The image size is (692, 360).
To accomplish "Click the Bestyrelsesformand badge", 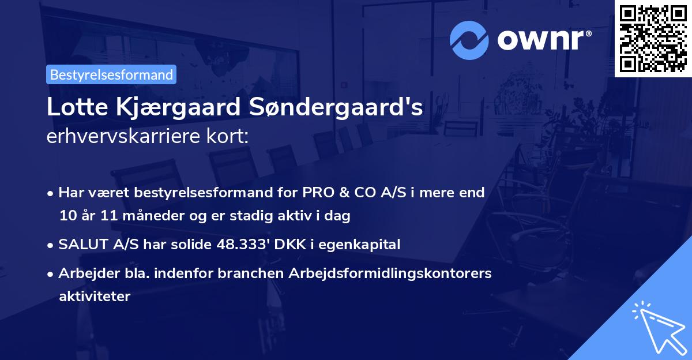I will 111,74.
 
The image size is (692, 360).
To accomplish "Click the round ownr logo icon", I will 469,40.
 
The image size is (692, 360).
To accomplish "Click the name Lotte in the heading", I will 73,108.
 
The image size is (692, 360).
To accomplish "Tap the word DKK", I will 294,245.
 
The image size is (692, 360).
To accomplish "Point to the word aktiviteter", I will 95,297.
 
